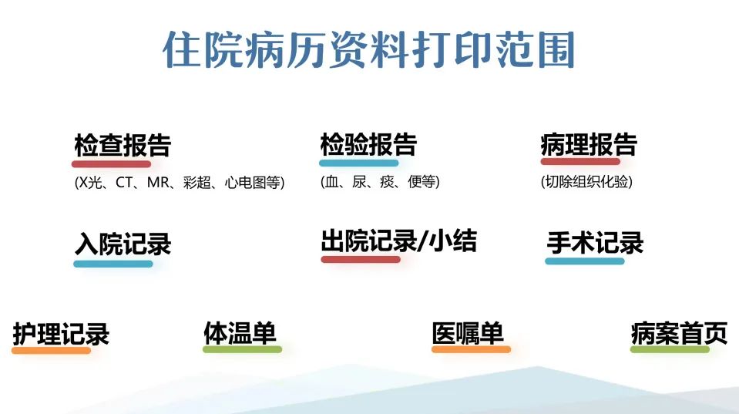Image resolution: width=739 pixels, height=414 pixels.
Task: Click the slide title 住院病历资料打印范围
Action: pos(368,49)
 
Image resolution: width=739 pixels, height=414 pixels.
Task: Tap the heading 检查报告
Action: pos(123,145)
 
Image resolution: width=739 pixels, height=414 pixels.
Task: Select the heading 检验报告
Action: pos(368,144)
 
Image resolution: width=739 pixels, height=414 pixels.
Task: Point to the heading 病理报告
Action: pos(589,144)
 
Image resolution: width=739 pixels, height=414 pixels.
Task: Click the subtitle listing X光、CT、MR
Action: pos(180,183)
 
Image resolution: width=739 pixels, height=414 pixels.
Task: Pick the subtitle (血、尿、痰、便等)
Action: pos(380,181)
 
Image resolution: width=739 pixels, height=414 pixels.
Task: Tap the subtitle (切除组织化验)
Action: pos(586,181)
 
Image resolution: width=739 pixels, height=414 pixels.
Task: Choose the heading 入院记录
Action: pos(123,244)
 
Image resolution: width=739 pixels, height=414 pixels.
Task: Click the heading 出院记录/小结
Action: pos(398,241)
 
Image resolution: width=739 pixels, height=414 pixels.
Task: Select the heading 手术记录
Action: pos(595,243)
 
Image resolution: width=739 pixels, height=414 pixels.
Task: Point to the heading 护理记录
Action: pos(61,334)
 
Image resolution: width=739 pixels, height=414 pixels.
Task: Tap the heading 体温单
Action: pos(240,333)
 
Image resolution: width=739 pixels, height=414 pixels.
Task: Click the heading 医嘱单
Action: pos(468,333)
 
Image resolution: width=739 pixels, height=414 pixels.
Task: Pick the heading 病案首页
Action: pos(679,333)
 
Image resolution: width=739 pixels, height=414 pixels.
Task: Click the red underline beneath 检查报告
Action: pos(111,164)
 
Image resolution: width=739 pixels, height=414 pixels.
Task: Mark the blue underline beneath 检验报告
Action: pos(358,163)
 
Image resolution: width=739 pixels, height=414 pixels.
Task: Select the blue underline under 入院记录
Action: pos(113,264)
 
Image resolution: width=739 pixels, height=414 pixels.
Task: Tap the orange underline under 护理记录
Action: pos(51,350)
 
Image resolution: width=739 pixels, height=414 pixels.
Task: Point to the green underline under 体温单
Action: pos(242,349)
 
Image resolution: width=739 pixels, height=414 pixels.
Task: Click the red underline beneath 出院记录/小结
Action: pos(361,259)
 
